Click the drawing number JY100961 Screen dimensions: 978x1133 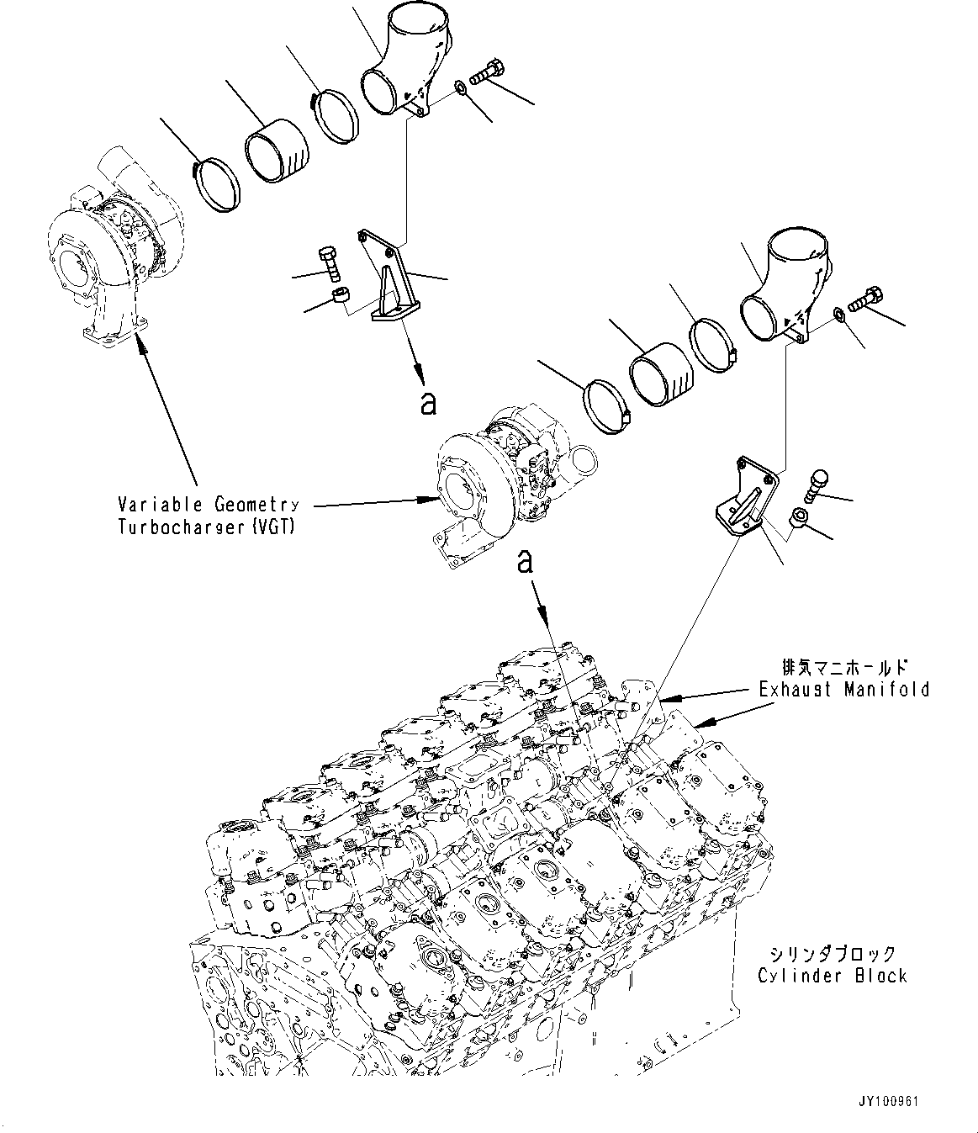point(888,1101)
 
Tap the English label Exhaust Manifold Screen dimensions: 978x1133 point(843,689)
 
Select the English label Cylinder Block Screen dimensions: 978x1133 point(833,976)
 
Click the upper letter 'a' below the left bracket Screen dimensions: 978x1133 point(429,404)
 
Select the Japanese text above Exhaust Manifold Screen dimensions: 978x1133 point(844,667)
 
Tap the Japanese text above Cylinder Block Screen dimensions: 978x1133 point(833,955)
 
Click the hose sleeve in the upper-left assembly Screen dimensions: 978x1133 point(277,151)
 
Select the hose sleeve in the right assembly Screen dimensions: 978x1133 point(661,374)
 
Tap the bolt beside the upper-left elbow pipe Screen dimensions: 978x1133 point(486,71)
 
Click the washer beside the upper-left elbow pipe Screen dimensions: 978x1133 point(461,87)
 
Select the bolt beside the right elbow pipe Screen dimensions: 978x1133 point(865,299)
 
